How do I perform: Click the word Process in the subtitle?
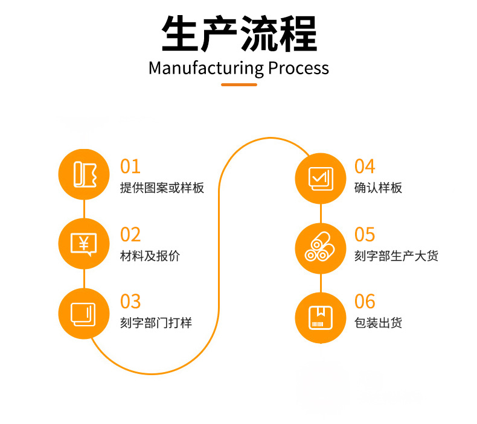coord(298,68)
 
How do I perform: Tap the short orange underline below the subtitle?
coord(238,84)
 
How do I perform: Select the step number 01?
coord(130,166)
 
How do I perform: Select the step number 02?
coord(130,235)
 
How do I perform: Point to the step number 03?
coord(130,302)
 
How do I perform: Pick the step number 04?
coord(365,166)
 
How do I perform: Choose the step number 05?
coord(365,235)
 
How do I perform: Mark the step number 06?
coord(365,302)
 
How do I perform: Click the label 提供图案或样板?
coord(162,188)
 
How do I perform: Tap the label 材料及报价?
coord(150,256)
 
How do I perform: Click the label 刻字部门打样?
coord(156,323)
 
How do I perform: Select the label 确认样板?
coord(378,188)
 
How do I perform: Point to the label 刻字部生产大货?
coord(396,256)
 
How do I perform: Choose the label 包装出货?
coord(378,323)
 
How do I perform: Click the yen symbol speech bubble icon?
coord(84,244)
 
